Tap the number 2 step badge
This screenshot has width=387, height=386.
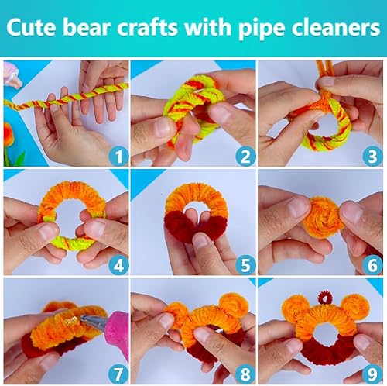tap(245, 157)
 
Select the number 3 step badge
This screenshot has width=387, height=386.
tap(372, 157)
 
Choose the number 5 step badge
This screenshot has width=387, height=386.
tap(245, 266)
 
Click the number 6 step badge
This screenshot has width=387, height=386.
tap(372, 266)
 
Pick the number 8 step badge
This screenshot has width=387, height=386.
tap(245, 374)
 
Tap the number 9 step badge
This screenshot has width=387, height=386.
tap(372, 374)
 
